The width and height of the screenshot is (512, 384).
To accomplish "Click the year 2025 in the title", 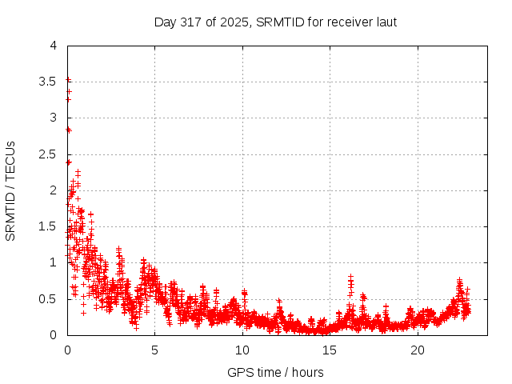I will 238,22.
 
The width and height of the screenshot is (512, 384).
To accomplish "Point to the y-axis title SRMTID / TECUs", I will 11,190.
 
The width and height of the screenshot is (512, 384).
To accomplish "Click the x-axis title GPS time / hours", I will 275,372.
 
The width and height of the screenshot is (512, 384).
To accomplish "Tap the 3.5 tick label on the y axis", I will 49,82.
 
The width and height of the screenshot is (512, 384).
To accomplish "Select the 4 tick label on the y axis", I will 53,46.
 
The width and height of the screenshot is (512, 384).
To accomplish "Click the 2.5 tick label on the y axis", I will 49,154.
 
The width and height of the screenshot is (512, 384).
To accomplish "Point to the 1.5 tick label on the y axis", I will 49,226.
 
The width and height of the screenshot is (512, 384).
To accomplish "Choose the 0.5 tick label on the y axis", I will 49,299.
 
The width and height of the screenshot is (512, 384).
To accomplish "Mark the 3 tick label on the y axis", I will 53,118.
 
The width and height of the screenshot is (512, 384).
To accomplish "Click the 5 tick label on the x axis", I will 154,350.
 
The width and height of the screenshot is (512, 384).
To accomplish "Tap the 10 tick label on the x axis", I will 242,350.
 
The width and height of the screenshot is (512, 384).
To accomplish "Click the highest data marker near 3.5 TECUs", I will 68,79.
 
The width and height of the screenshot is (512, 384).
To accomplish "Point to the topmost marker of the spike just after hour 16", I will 350,277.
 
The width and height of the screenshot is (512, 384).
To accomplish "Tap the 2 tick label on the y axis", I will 53,190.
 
